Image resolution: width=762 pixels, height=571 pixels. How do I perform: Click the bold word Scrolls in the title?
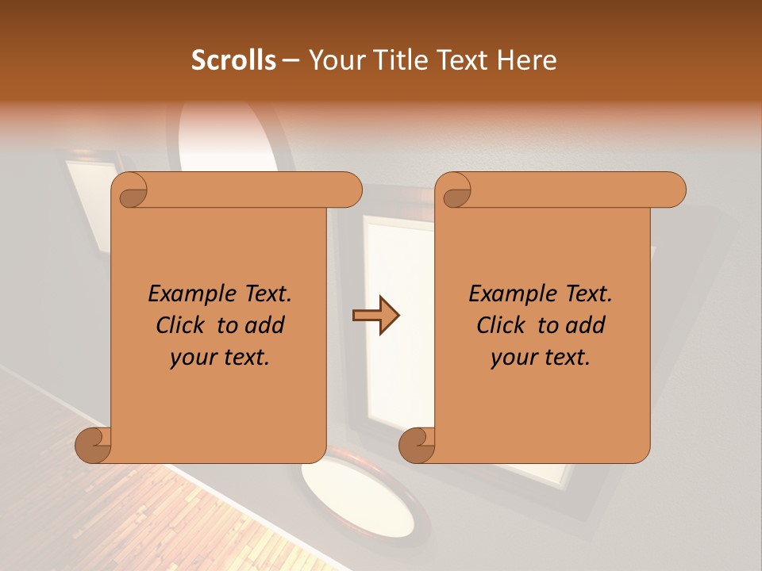pyautogui.click(x=233, y=60)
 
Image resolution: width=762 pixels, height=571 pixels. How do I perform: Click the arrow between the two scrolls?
pyautogui.click(x=375, y=316)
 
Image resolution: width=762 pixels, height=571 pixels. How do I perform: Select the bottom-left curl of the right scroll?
pyautogui.click(x=418, y=445)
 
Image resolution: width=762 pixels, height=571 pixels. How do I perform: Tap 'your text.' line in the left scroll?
pyautogui.click(x=220, y=357)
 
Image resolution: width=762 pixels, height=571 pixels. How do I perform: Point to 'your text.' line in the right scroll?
pyautogui.click(x=541, y=357)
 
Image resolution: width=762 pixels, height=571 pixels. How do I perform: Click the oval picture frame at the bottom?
pyautogui.click(x=361, y=500)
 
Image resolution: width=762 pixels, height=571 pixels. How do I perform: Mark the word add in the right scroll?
pyautogui.click(x=586, y=325)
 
